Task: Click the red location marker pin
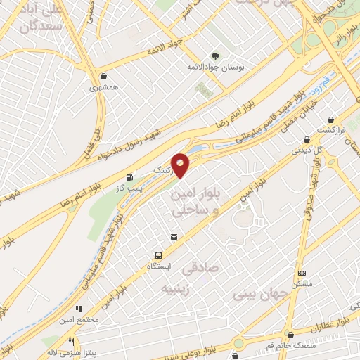[181, 165]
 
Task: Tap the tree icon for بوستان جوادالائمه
[215, 56]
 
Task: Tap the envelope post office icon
[173, 238]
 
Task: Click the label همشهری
[103, 89]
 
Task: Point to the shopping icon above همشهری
[103, 76]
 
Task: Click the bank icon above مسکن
[302, 273]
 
